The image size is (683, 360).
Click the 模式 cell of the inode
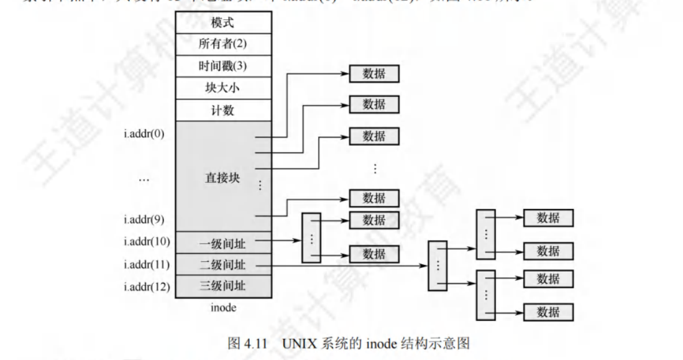click(223, 22)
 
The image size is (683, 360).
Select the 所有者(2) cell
click(223, 44)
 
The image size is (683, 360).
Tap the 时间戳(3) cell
click(223, 66)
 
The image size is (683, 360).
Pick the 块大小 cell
click(223, 88)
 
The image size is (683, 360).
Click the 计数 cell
click(223, 110)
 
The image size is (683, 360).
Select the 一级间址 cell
click(223, 242)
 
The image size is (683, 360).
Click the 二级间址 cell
click(223, 265)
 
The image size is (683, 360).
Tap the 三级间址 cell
click(223, 287)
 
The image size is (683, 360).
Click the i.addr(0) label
click(145, 134)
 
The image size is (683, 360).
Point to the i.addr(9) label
click(145, 219)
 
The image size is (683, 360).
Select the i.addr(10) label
click(147, 241)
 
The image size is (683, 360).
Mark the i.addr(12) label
click(147, 287)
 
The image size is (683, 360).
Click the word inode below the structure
click(223, 308)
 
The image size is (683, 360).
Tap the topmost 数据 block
click(374, 74)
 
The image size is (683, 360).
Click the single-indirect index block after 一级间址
click(310, 237)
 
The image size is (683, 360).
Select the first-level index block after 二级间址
click(438, 265)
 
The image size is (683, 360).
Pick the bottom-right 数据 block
click(548, 312)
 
